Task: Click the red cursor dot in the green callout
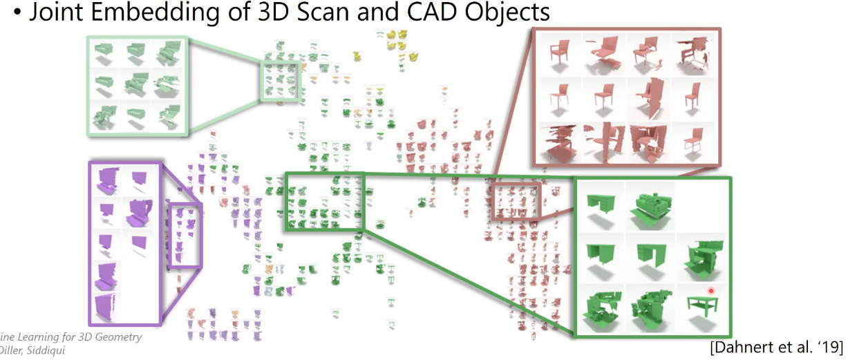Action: [x=710, y=291]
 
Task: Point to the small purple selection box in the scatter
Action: [x=186, y=235]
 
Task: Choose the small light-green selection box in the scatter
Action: [x=281, y=82]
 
